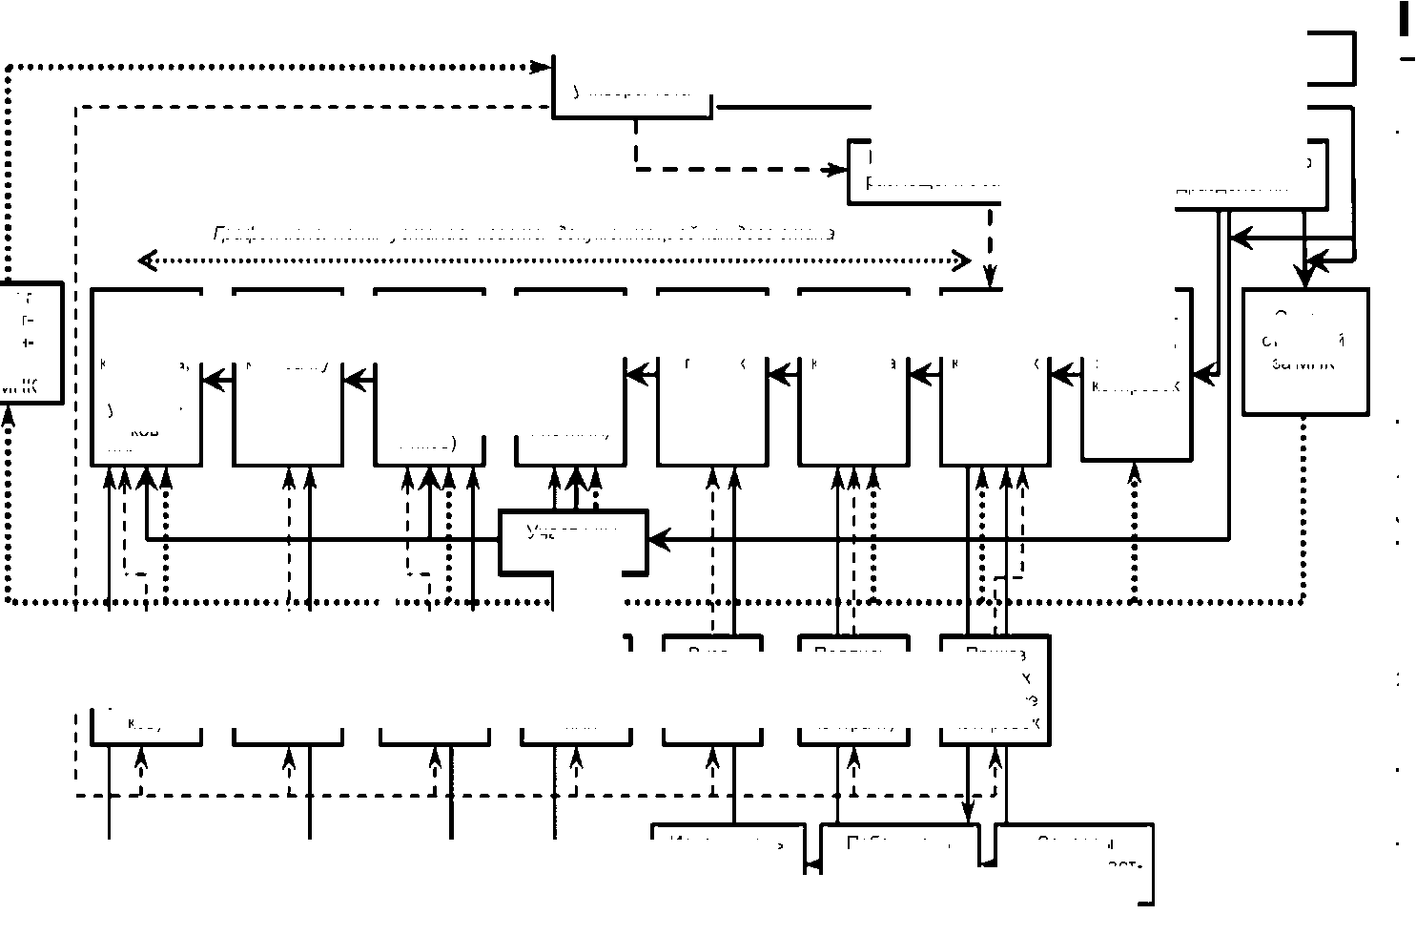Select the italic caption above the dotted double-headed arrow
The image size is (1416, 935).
[x=524, y=233]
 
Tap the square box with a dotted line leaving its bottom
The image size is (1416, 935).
[x=1305, y=351]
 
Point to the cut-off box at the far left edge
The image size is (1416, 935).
[x=31, y=343]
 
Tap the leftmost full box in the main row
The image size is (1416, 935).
[x=146, y=377]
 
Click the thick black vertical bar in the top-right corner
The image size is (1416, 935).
[x=1404, y=19]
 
